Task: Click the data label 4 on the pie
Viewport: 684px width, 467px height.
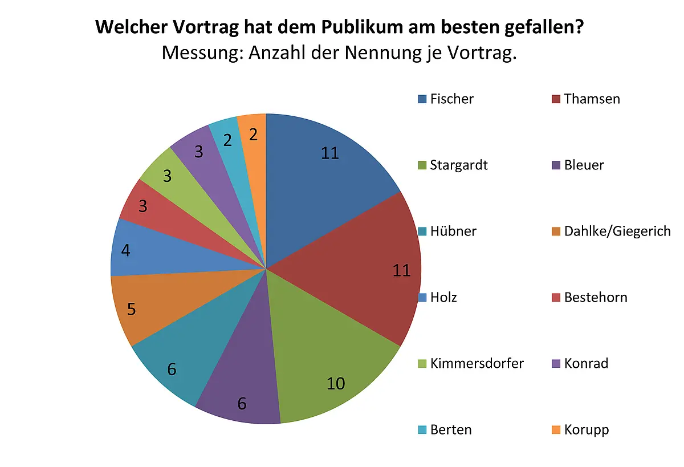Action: click(x=125, y=250)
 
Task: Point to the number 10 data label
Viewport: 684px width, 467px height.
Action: click(x=336, y=383)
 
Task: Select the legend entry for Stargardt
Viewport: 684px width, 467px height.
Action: click(x=453, y=165)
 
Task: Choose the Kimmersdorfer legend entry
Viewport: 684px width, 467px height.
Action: click(x=471, y=363)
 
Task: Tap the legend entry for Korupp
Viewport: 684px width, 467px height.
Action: click(x=580, y=430)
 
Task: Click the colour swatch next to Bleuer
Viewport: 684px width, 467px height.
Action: click(x=556, y=165)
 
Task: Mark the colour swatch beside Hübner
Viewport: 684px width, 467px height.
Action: click(x=422, y=232)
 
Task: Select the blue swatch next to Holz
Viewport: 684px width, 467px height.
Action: click(x=422, y=298)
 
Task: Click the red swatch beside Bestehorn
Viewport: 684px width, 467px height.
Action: click(x=556, y=298)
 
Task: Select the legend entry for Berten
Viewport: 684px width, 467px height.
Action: click(x=445, y=430)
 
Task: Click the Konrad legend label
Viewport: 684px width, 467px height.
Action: click(x=580, y=363)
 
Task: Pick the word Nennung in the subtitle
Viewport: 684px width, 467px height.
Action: click(x=382, y=53)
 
